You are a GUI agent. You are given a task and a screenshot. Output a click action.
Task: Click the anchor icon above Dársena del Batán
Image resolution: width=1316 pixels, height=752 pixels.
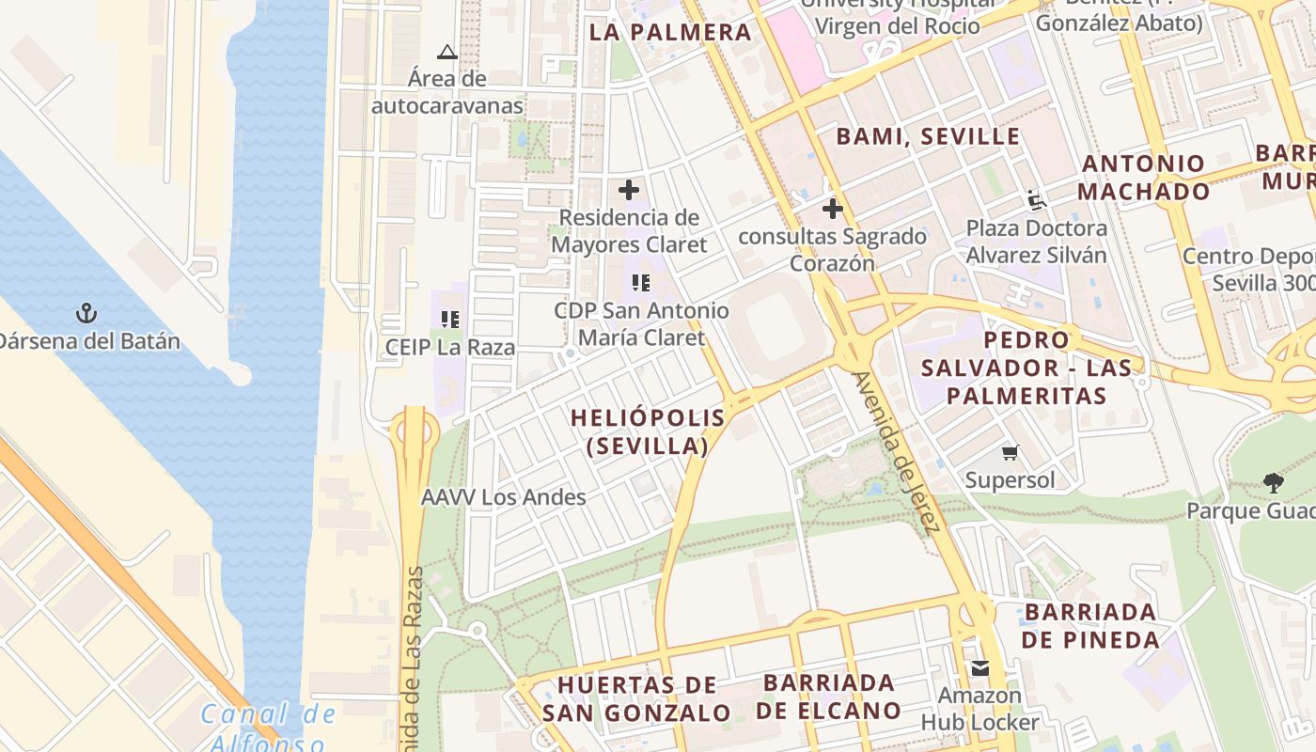point(86,313)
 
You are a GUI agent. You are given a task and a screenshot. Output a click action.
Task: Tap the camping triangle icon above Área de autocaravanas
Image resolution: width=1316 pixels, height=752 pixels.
point(447,52)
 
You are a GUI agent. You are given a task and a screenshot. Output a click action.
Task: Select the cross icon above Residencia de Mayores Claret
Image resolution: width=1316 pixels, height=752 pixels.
point(629,190)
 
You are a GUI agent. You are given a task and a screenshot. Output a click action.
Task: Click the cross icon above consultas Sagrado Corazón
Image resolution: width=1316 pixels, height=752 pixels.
point(832,209)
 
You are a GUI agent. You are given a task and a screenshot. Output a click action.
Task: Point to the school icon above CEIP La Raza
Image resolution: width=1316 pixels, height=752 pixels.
point(450,320)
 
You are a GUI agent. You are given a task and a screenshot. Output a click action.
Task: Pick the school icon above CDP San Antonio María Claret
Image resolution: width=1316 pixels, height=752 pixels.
point(641,283)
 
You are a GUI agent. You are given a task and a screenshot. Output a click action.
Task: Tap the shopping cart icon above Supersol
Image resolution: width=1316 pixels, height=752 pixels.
point(1010,453)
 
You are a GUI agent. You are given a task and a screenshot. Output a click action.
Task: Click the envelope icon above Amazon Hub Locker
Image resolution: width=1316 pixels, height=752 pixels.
point(980,668)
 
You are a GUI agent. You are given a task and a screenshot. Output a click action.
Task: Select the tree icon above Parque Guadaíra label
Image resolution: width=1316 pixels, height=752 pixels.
point(1274,483)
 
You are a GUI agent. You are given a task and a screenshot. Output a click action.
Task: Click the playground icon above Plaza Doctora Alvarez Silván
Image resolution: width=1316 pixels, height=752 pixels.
point(1036,200)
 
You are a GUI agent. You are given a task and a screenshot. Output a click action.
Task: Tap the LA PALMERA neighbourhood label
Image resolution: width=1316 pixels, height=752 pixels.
point(670,33)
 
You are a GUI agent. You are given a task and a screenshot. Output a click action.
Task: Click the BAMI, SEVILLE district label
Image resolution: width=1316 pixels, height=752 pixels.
point(928,136)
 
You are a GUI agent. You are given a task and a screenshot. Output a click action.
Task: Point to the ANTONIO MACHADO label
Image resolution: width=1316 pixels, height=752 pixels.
point(1143,178)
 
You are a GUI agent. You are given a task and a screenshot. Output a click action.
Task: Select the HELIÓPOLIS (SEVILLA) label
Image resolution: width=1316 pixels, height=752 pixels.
point(648,431)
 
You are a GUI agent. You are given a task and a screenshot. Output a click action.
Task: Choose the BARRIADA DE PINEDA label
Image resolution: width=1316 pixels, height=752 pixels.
point(1090,626)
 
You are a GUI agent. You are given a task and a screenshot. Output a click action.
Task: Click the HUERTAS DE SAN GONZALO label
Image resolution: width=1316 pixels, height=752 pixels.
point(636,698)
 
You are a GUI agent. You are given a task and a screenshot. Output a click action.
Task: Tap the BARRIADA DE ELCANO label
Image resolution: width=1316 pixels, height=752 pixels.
point(828,697)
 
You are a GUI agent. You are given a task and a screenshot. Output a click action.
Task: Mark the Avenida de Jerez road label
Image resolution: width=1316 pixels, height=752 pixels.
point(896,452)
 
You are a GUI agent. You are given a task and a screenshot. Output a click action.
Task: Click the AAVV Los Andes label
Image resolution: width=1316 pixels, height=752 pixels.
point(504,497)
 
